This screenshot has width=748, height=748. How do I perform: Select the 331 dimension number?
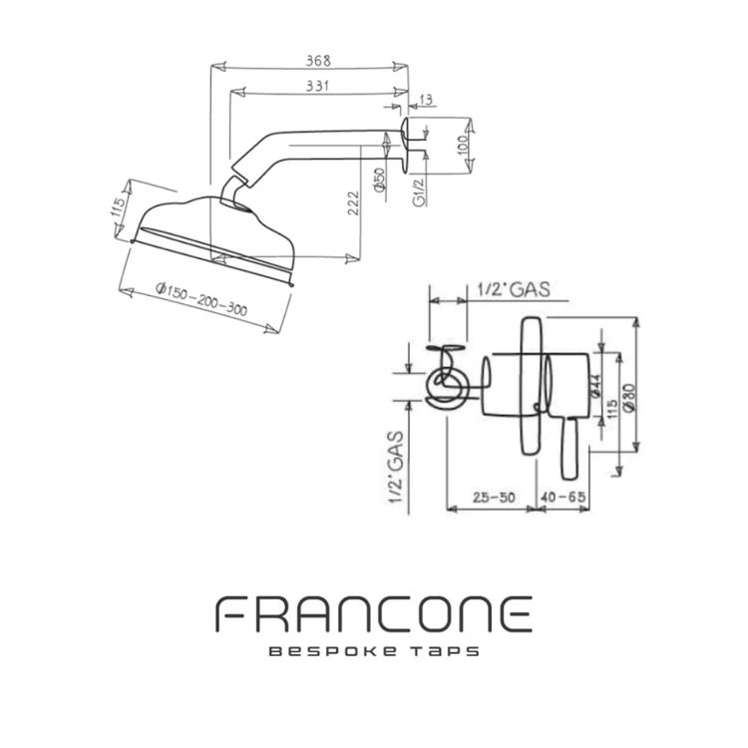318,87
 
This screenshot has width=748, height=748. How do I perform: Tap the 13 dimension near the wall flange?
426,98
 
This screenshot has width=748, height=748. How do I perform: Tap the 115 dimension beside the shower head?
120,210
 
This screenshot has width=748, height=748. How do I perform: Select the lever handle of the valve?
571,449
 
